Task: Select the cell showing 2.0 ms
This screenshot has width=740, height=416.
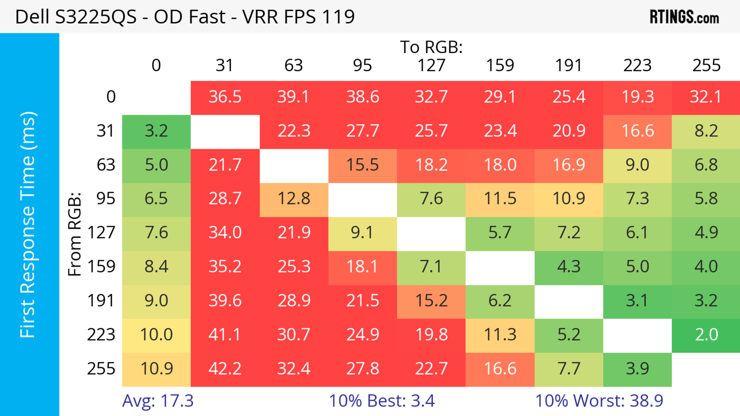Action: point(706,335)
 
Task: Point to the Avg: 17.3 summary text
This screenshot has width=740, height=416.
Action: point(158,401)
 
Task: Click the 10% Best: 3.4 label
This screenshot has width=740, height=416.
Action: point(382,401)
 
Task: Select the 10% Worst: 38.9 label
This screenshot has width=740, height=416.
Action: point(599,401)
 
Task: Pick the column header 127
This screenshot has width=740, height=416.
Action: point(431,65)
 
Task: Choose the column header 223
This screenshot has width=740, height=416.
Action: point(637,65)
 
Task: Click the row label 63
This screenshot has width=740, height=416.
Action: point(106,165)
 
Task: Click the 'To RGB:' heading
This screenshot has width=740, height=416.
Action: point(431,47)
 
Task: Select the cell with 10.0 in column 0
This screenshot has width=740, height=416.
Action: point(156,335)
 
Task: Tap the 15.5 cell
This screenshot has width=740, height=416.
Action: point(362,165)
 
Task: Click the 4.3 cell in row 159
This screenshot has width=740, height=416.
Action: point(569,267)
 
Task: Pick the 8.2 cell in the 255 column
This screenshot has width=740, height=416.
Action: point(706,131)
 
